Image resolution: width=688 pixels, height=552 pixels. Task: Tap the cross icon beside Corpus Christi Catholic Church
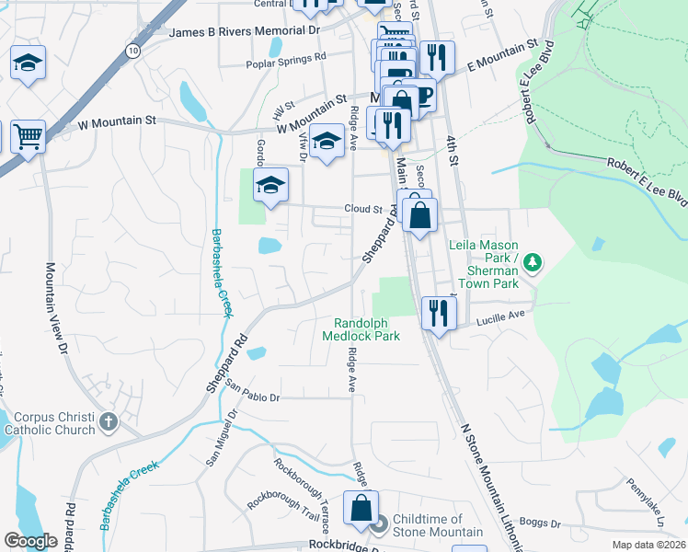[109, 423]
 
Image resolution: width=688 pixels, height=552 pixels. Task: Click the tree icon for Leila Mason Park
[531, 264]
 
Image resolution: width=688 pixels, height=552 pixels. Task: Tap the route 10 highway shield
[134, 52]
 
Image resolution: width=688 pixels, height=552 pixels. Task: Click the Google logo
[30, 542]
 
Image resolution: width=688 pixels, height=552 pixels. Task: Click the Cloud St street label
[362, 210]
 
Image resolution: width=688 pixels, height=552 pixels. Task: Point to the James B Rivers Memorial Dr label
[245, 31]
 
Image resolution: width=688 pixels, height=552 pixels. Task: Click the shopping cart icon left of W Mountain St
[29, 136]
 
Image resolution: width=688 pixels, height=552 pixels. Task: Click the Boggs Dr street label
[538, 523]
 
